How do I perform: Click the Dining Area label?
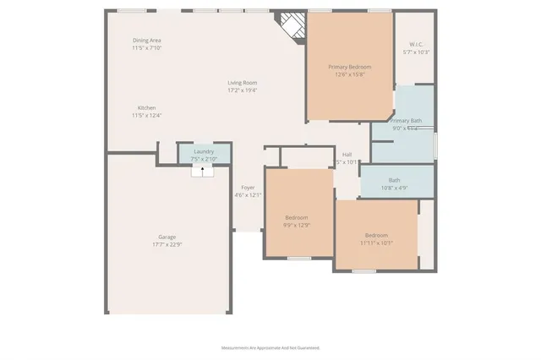click(x=147, y=41)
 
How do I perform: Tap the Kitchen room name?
click(x=147, y=107)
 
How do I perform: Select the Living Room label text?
click(x=242, y=83)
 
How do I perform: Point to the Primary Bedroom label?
click(x=350, y=67)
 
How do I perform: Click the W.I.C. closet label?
click(x=416, y=45)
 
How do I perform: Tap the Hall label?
click(x=347, y=155)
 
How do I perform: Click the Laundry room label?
click(x=204, y=150)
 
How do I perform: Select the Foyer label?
click(x=248, y=188)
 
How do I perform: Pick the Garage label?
click(x=167, y=237)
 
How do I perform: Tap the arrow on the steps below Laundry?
click(x=203, y=171)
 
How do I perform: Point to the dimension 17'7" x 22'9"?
click(x=167, y=244)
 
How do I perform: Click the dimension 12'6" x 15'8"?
click(x=350, y=74)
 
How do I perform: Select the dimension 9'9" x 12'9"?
click(x=298, y=225)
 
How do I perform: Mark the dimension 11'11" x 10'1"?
click(x=376, y=242)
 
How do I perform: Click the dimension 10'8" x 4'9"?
click(x=395, y=188)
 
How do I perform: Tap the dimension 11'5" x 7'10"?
click(x=147, y=48)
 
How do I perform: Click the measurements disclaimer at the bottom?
click(x=270, y=347)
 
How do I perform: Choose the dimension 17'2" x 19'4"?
click(x=242, y=90)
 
